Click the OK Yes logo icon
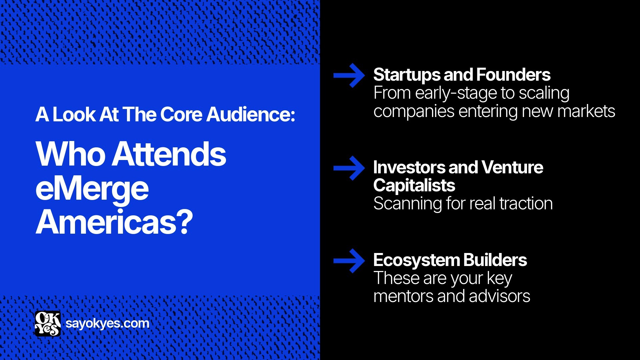pyautogui.click(x=48, y=324)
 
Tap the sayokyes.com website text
pyautogui.click(x=107, y=323)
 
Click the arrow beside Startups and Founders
pyautogui.click(x=349, y=76)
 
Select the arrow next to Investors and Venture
pyautogui.click(x=349, y=168)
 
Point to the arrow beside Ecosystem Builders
pyautogui.click(x=349, y=261)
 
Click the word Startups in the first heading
pyautogui.click(x=406, y=75)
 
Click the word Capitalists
pyautogui.click(x=414, y=185)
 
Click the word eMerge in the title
pyautogui.click(x=92, y=189)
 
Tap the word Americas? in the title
pyautogui.click(x=114, y=222)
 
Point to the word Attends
pyautogui.click(x=169, y=154)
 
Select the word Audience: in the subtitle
pyautogui.click(x=251, y=115)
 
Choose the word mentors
pyautogui.click(x=403, y=296)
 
